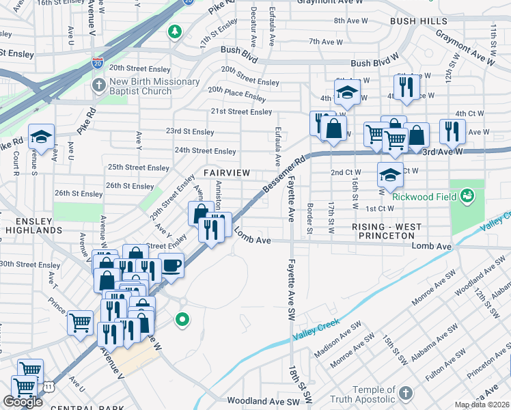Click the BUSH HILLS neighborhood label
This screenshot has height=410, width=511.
pyautogui.click(x=419, y=22)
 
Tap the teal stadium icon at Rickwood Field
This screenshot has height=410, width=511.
pyautogui.click(x=467, y=197)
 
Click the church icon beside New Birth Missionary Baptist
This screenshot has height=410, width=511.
pyautogui.click(x=98, y=86)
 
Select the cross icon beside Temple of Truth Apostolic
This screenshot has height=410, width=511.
pyautogui.click(x=406, y=393)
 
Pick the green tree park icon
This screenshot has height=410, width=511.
pyautogui.click(x=176, y=31)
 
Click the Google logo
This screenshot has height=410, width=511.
pyautogui.click(x=23, y=402)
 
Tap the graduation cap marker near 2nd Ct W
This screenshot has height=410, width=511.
pyautogui.click(x=390, y=174)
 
